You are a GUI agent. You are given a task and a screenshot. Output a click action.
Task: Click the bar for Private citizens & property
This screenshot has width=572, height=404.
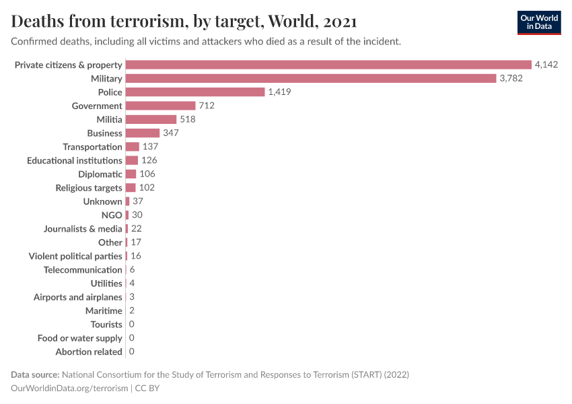[328, 65]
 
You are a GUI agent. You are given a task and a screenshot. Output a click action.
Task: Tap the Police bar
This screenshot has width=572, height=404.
[195, 92]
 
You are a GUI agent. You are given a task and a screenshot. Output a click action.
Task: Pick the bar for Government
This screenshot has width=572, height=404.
[160, 106]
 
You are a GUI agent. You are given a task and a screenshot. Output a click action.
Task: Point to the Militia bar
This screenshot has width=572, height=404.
[151, 119]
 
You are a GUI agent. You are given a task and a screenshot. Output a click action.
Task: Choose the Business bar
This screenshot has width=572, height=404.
[143, 133]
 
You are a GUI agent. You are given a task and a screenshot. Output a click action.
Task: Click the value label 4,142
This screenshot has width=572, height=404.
[546, 65]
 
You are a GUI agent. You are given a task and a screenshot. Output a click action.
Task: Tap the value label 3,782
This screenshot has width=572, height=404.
[511, 78]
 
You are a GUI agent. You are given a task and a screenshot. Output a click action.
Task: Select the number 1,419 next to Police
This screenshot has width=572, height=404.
[279, 92]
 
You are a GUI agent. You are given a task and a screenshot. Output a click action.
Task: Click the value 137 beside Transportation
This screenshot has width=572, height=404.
[149, 147]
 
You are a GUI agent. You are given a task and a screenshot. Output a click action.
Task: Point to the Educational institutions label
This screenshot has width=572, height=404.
[75, 160]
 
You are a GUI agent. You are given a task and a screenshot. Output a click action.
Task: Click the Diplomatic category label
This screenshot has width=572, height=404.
[100, 174]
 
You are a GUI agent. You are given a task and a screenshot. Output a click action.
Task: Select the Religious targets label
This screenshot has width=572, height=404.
[89, 188]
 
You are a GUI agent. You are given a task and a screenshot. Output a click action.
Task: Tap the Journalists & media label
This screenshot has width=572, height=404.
[83, 228]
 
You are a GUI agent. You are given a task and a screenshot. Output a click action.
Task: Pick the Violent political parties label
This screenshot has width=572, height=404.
[75, 256]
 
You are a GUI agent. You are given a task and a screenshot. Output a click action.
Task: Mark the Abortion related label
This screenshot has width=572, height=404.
[89, 351]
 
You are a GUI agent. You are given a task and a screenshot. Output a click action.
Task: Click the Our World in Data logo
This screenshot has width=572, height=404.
[538, 22]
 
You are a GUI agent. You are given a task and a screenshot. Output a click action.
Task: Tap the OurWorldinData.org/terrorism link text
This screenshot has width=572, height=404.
[69, 389]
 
